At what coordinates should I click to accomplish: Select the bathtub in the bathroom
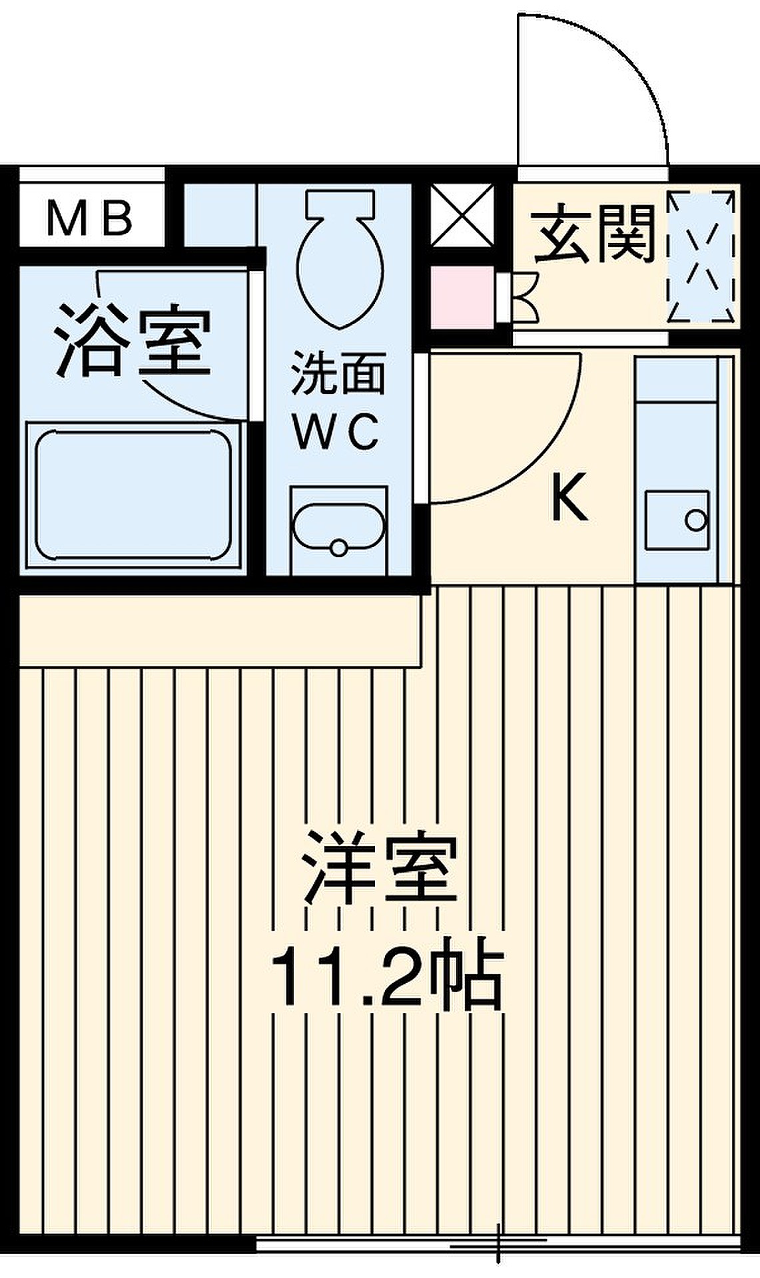coord(133,497)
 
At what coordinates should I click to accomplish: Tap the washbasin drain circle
coord(339,548)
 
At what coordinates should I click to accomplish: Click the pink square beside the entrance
coord(462,298)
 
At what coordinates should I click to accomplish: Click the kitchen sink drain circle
coord(696,520)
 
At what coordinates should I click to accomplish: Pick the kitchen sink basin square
coord(677,520)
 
